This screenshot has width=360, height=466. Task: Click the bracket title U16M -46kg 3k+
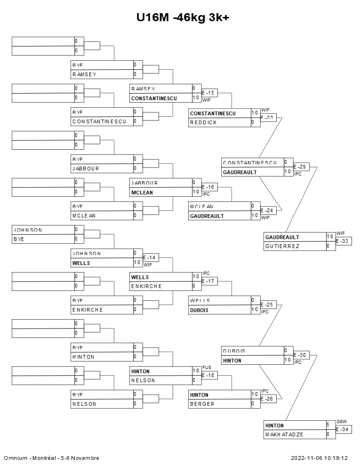pyautogui.click(x=183, y=18)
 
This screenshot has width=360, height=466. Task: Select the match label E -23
pyautogui.click(x=268, y=118)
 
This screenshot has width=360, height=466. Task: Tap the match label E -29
pyautogui.click(x=301, y=167)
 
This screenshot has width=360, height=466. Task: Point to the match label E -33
pyautogui.click(x=343, y=241)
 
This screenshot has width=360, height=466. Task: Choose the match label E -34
pyautogui.click(x=343, y=429)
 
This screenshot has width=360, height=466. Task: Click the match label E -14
pyautogui.click(x=150, y=258)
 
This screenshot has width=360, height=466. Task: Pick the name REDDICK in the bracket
pyautogui.click(x=203, y=122)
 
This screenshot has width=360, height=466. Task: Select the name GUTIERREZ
pyautogui.click(x=282, y=246)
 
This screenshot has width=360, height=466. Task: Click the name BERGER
pyautogui.click(x=202, y=404)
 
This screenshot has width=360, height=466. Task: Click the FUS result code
pyautogui.click(x=207, y=367)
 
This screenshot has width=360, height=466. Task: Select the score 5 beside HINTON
pyautogui.click(x=328, y=425)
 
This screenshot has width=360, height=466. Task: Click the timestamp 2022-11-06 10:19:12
pyautogui.click(x=319, y=458)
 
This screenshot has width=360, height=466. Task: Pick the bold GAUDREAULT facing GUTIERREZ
pyautogui.click(x=282, y=237)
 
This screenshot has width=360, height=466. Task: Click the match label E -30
pyautogui.click(x=301, y=355)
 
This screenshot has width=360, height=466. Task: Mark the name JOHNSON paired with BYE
pyautogui.click(x=28, y=230)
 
